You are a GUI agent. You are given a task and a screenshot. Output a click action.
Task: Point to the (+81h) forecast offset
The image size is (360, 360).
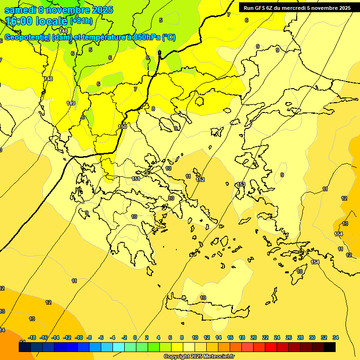pyautogui.click(x=81, y=21)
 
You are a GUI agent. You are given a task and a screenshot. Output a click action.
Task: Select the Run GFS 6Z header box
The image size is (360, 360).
pyautogui.click(x=297, y=8)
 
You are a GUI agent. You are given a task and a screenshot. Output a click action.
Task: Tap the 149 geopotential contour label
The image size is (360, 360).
pyautogui.click(x=71, y=103)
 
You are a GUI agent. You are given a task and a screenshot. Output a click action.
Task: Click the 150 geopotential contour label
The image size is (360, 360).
pyautogui.click(x=122, y=127)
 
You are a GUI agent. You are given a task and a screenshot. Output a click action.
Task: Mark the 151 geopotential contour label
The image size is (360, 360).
pyautogui.click(x=136, y=179)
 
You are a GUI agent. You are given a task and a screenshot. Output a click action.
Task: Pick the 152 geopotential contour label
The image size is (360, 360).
pyautogui.click(x=200, y=180)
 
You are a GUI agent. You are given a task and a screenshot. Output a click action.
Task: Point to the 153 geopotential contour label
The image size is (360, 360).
pyautogui.click(x=241, y=184)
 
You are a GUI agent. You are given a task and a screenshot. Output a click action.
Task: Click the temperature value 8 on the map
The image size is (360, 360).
pyautogui.click(x=153, y=109)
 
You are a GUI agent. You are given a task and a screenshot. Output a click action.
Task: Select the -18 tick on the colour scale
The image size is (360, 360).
pyautogui.click(x=32, y=337)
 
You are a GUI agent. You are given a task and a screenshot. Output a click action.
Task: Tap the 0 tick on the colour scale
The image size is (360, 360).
pyautogui.click(x=135, y=337)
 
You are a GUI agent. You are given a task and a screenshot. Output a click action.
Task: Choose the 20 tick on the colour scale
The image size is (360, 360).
pyautogui.click(x=253, y=337)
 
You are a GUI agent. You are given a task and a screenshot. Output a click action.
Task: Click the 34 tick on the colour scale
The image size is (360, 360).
pyautogui.click(x=335, y=337)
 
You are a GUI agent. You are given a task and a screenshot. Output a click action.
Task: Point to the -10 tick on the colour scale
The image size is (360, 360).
pyautogui.click(x=79, y=337)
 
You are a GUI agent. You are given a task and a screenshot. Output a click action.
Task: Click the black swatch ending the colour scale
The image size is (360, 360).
pyautogui.click(x=330, y=347)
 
